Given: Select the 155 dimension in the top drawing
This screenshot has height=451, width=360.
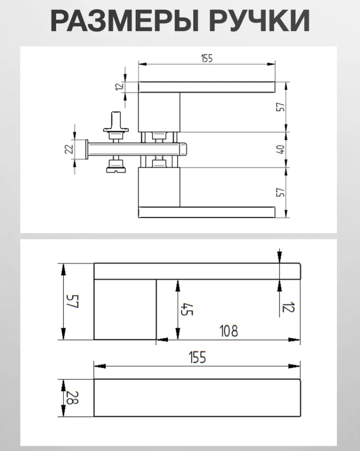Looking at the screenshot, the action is tap(207, 59).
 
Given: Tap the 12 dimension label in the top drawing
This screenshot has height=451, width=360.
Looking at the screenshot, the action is tap(120, 86).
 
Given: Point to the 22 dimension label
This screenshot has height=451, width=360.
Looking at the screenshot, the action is tap(69, 149).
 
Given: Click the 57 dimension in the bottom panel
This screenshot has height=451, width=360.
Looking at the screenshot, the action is tap(72, 301).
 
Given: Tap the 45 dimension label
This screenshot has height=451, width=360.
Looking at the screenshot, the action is tap(186, 309).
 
